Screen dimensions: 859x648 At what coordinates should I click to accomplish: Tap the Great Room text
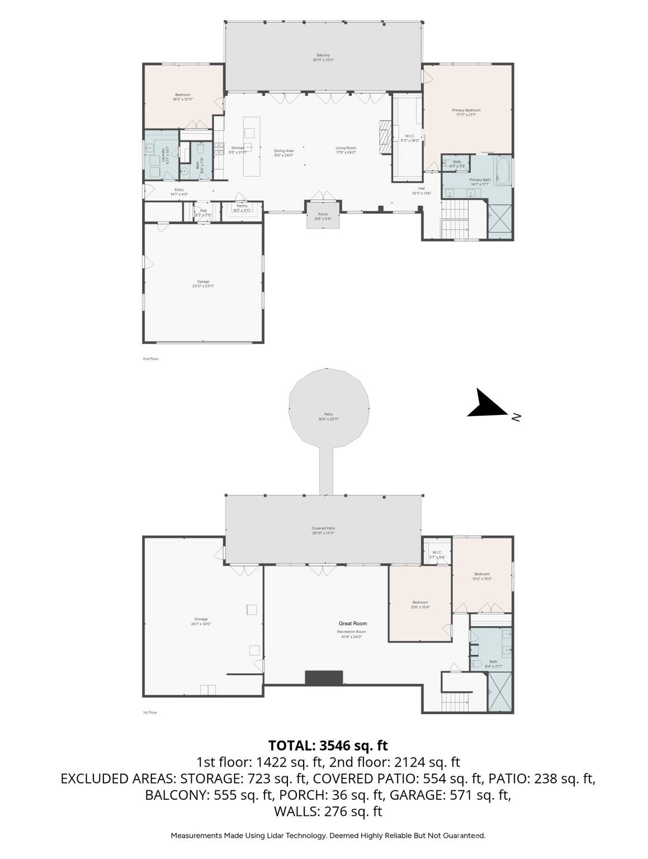pyautogui.click(x=353, y=623)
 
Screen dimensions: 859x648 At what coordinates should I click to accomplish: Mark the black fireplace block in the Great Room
pyautogui.click(x=324, y=678)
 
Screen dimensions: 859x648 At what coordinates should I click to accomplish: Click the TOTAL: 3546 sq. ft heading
pyautogui.click(x=328, y=745)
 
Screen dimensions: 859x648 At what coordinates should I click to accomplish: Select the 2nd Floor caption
pyautogui.click(x=150, y=358)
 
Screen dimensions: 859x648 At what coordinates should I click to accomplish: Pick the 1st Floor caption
pyautogui.click(x=150, y=712)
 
